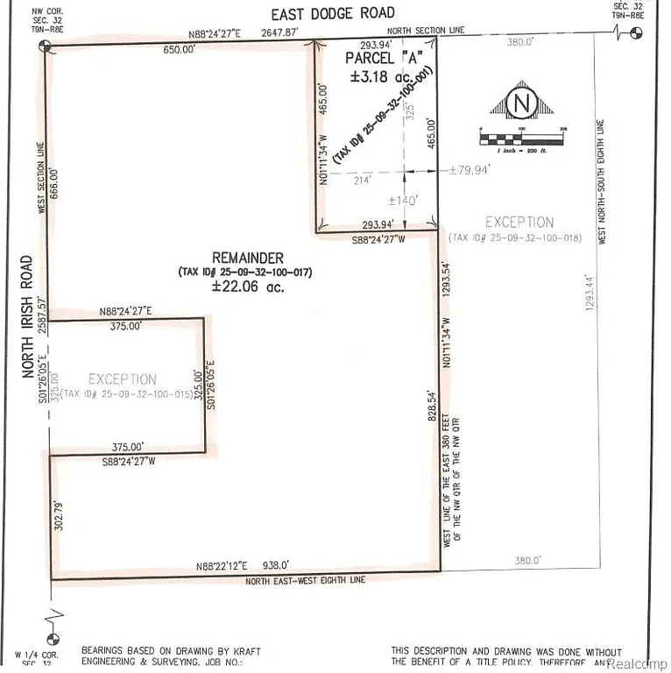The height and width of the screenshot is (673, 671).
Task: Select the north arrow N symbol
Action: [x=522, y=103]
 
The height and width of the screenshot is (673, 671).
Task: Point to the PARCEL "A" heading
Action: [x=382, y=60]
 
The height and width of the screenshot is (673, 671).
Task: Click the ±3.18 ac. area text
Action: [x=382, y=76]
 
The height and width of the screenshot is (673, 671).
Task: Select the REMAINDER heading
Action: [x=248, y=258]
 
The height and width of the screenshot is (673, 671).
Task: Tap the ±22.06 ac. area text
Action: [x=248, y=286]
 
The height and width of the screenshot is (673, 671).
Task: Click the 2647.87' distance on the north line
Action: [x=280, y=33]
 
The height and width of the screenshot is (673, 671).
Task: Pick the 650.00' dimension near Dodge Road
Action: [x=179, y=50]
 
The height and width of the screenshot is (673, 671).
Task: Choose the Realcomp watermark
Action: [x=637, y=662]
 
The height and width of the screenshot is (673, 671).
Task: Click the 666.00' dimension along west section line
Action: [x=58, y=185]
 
